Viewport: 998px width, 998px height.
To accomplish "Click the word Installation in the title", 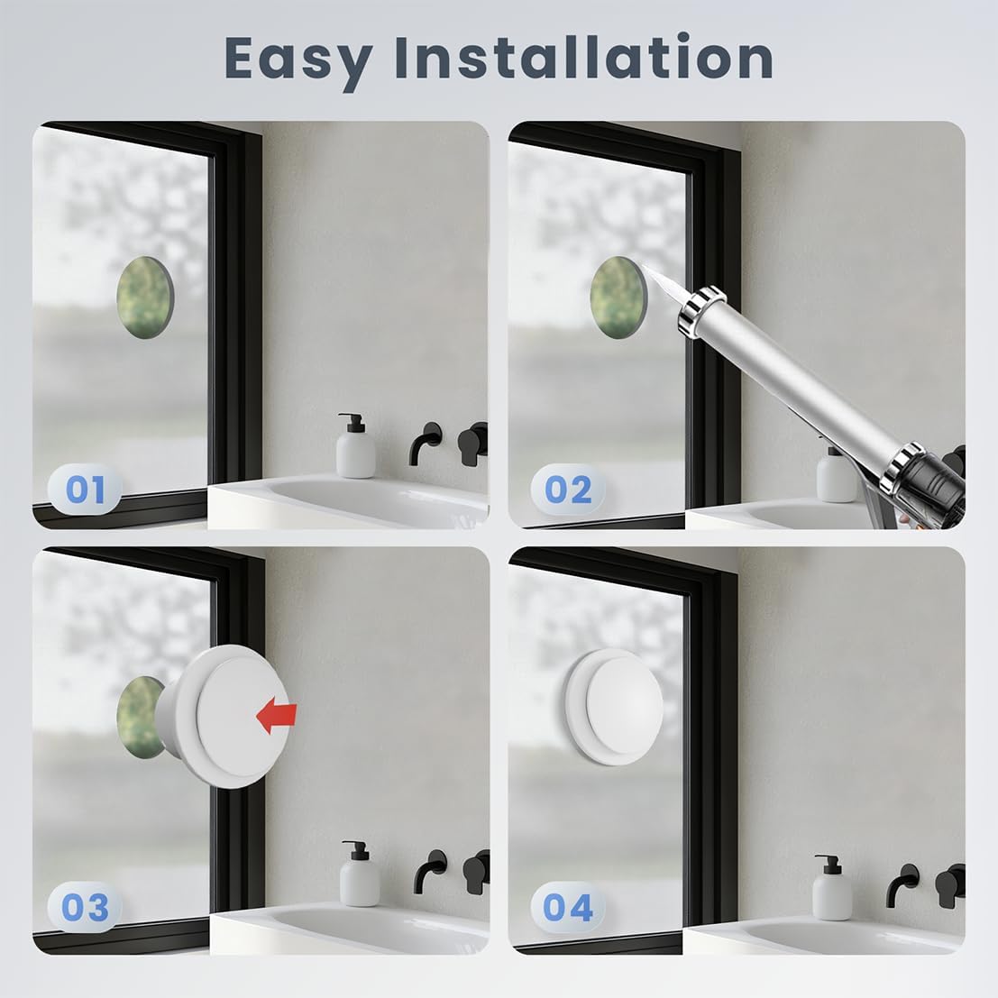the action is pos(583,58).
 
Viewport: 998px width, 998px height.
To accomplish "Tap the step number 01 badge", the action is pos(85,490).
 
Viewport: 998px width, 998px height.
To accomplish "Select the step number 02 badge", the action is pos(568,490).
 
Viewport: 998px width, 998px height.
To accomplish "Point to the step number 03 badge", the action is pos(85,907).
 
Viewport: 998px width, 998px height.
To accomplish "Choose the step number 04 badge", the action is pos(568,907).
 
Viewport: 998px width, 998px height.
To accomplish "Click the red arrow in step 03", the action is pos(276,714).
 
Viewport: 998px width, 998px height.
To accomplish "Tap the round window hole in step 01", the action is pos(145,298).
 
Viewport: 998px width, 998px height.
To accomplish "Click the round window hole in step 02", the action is pos(618,298).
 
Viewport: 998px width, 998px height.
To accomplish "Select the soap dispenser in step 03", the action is pos(359,874).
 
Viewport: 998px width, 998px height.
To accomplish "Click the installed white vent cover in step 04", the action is pos(614,707).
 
